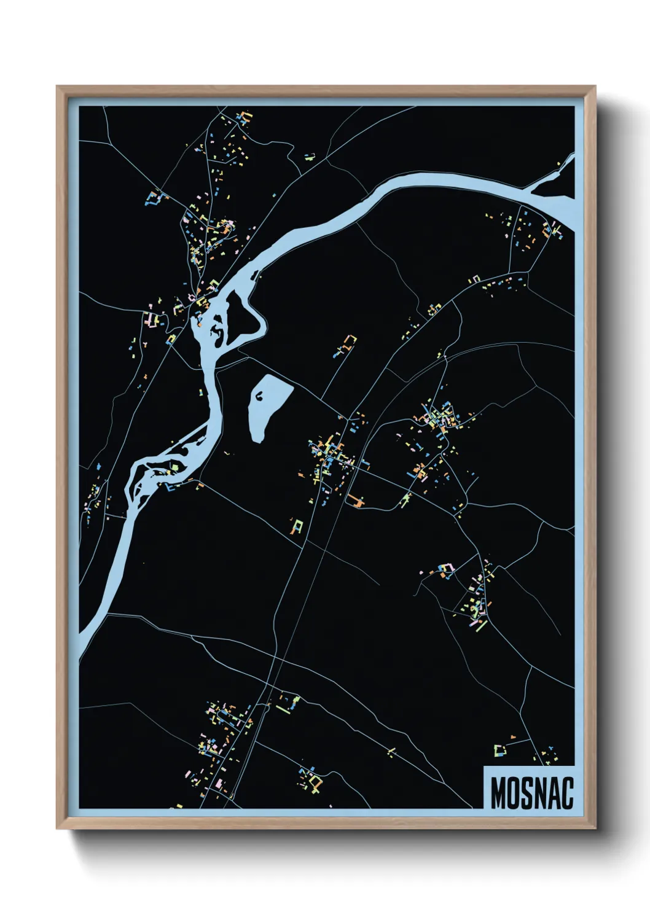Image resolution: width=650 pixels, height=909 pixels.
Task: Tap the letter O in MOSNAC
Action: pyautogui.click(x=514, y=793)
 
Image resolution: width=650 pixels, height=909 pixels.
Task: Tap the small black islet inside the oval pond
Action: pyautogui.click(x=260, y=396)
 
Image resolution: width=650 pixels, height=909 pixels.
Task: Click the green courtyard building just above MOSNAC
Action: pyautogui.click(x=499, y=750)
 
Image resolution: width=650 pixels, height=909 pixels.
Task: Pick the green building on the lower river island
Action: pyautogui.click(x=176, y=467)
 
